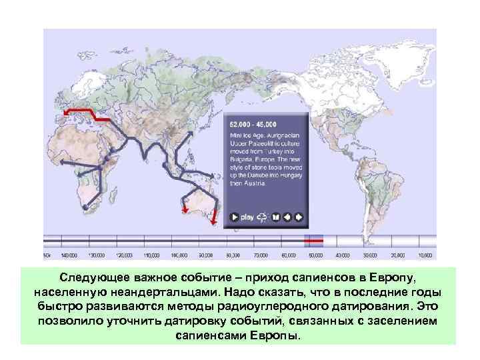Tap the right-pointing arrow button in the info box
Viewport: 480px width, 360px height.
click(299, 217)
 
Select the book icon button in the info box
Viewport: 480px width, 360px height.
click(275, 217)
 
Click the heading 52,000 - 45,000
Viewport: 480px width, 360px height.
click(254, 125)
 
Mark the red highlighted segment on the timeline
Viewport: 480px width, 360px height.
click(313, 240)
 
